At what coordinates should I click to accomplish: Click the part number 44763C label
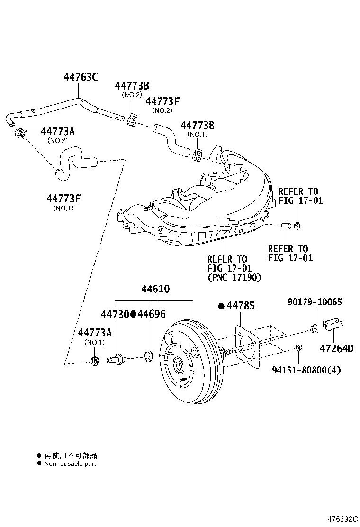click(x=81, y=77)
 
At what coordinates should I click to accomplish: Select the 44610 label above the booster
click(x=155, y=289)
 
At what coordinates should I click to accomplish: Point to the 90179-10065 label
click(x=315, y=302)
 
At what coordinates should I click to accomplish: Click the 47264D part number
click(x=336, y=349)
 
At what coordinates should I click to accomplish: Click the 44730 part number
click(x=115, y=314)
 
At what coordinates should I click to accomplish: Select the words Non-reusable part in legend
click(x=70, y=463)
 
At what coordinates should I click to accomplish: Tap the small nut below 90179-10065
click(x=313, y=328)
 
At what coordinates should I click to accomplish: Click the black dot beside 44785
click(x=221, y=307)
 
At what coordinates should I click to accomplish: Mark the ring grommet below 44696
click(x=148, y=355)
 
